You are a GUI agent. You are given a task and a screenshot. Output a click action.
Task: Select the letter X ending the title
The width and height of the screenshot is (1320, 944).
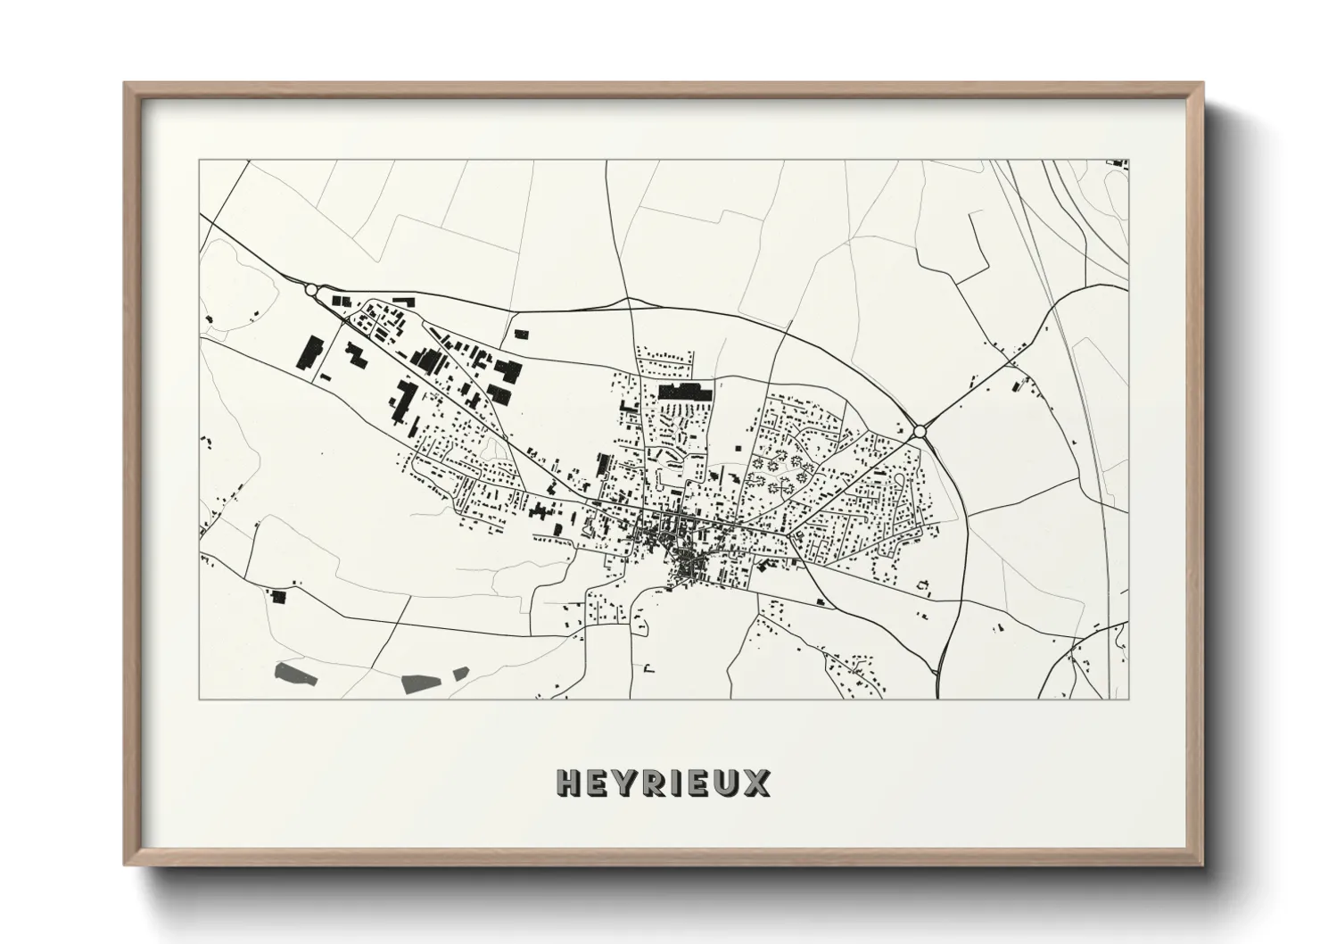click(755, 783)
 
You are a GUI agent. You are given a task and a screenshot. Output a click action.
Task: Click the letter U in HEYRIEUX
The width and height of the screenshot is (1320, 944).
click(727, 783)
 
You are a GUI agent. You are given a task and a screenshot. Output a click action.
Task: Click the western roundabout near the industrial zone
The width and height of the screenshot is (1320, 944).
click(310, 290)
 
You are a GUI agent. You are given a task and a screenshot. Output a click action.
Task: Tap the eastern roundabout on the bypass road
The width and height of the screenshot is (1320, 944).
click(920, 432)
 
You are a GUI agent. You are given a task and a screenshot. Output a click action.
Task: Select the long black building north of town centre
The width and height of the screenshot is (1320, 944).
click(685, 391)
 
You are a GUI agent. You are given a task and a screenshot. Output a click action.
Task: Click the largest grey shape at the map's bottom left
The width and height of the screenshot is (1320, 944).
click(295, 674)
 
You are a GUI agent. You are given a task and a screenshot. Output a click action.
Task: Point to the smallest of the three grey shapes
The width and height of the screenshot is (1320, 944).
click(460, 672)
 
